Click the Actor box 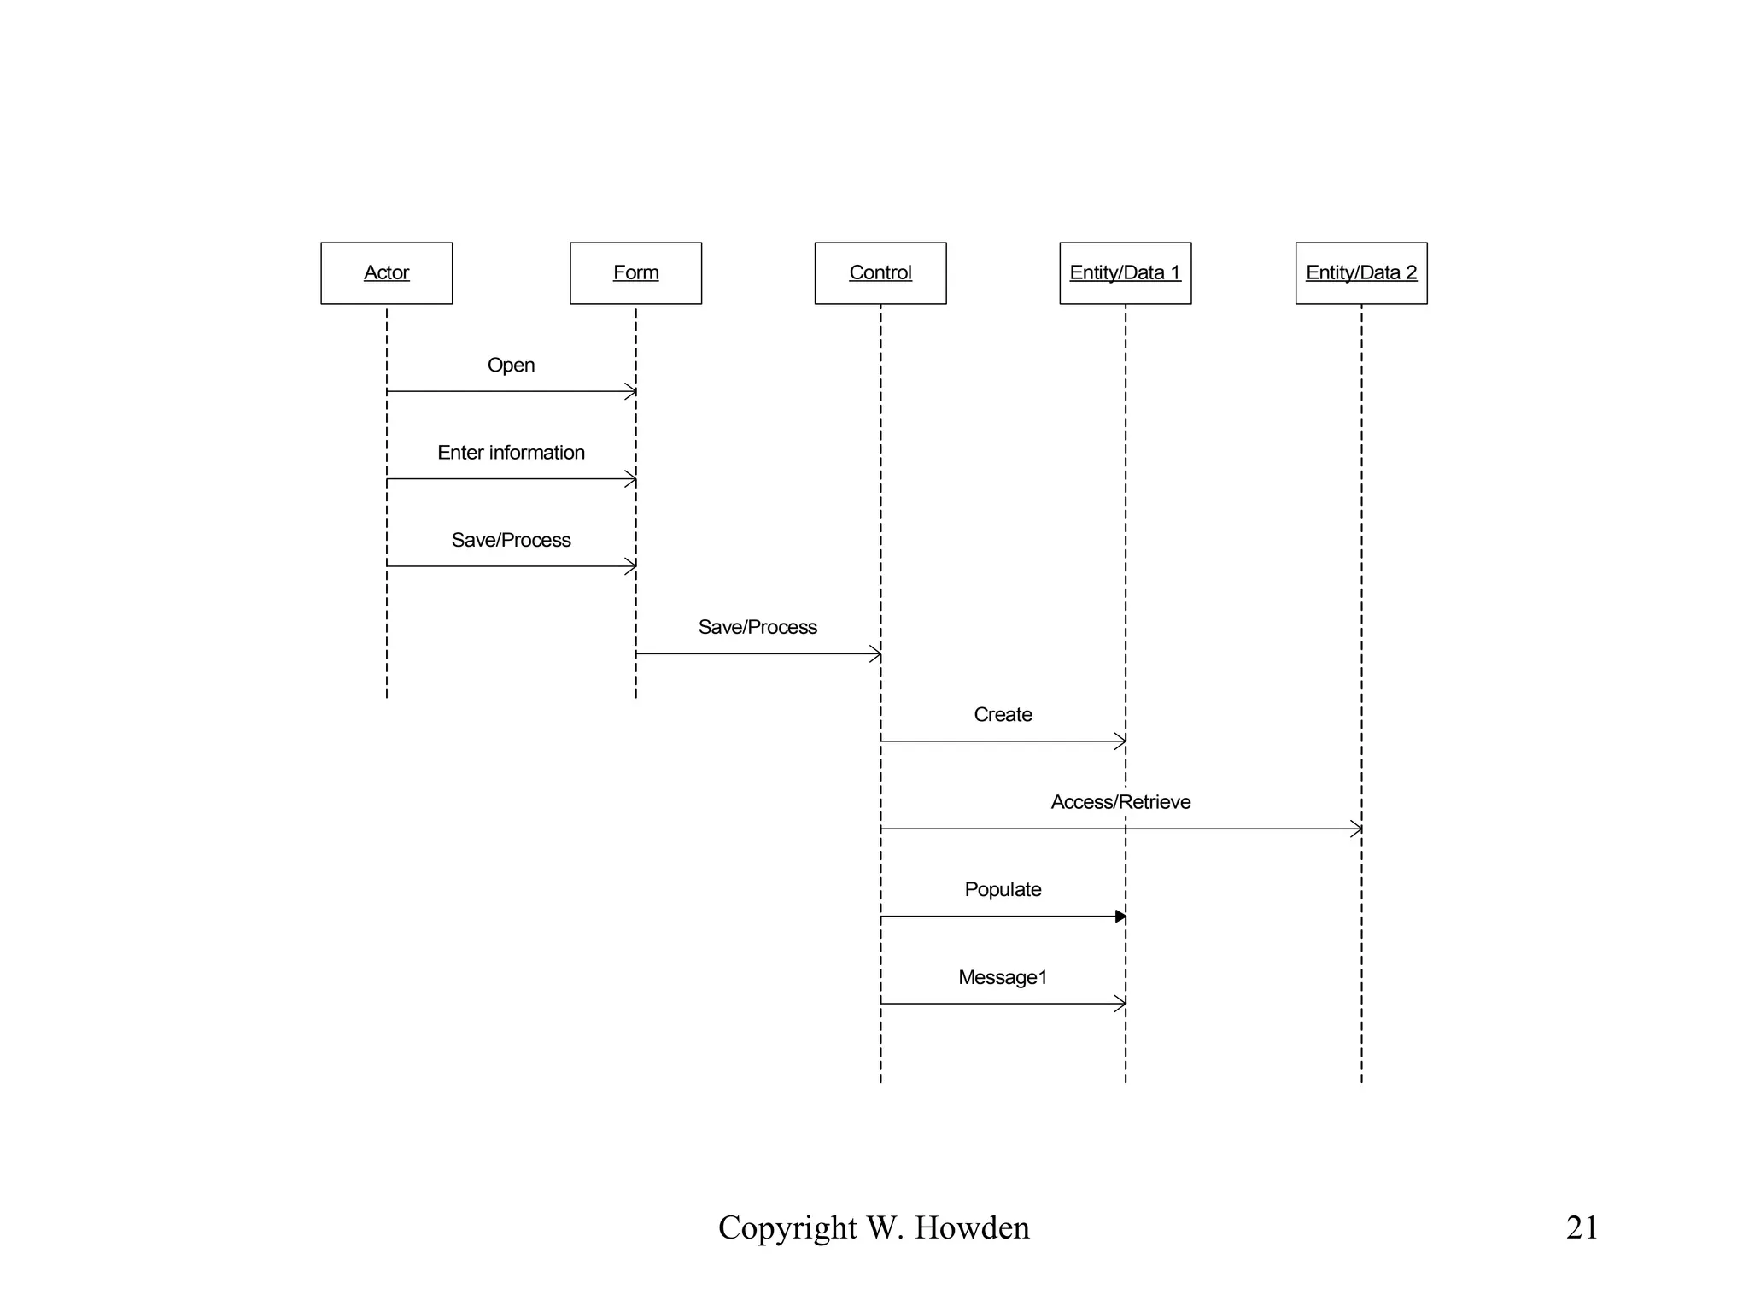[x=386, y=273]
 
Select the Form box [x=635, y=273]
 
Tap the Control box [x=880, y=273]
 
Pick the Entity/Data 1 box [x=1125, y=273]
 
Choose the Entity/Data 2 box [x=1360, y=273]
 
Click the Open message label [x=511, y=365]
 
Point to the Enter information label [x=511, y=453]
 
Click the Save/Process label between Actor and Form [x=511, y=540]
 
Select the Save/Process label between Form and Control [x=758, y=627]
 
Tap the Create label [x=1003, y=714]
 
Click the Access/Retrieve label [x=1120, y=802]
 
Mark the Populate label [x=1003, y=889]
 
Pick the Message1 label [x=1003, y=977]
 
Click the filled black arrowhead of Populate [x=1120, y=917]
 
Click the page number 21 [x=1582, y=1227]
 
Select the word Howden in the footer [x=972, y=1228]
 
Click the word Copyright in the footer [x=787, y=1228]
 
